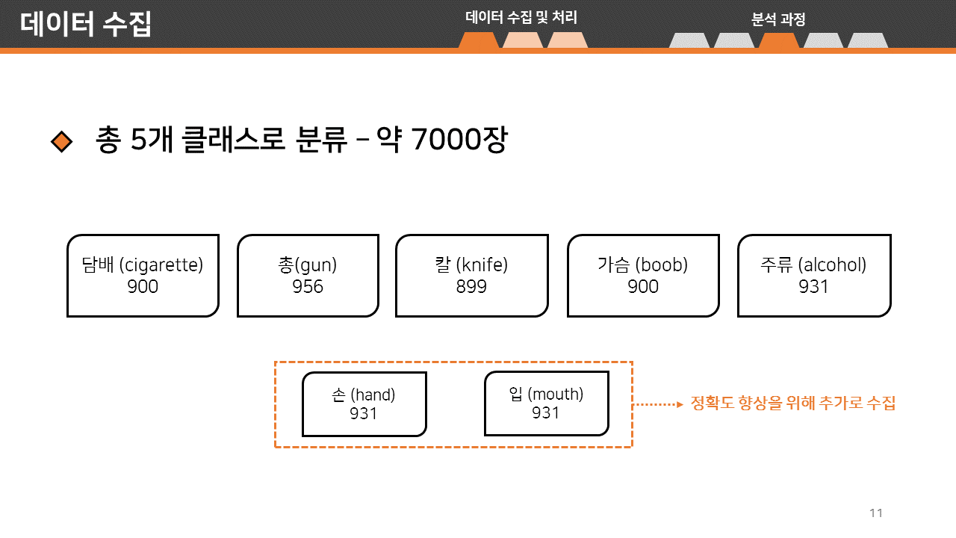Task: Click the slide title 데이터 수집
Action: [x=86, y=24]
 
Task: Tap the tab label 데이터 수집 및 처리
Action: [x=521, y=18]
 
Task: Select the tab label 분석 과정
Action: [x=778, y=20]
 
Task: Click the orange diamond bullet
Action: [x=61, y=141]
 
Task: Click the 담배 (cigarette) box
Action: [x=143, y=275]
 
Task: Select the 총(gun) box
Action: [x=308, y=275]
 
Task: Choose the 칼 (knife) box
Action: [x=471, y=275]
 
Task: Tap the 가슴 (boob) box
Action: [x=643, y=275]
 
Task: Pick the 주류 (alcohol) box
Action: [x=814, y=275]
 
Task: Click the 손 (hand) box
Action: [x=364, y=403]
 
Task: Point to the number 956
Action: [x=308, y=286]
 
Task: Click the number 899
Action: [x=471, y=286]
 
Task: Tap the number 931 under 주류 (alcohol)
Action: [x=814, y=286]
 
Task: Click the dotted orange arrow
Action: [x=659, y=404]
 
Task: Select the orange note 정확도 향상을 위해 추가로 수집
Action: [x=793, y=403]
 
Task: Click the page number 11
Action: [x=876, y=513]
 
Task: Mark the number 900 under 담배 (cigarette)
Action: [x=143, y=286]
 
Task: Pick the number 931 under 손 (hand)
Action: [x=364, y=413]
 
